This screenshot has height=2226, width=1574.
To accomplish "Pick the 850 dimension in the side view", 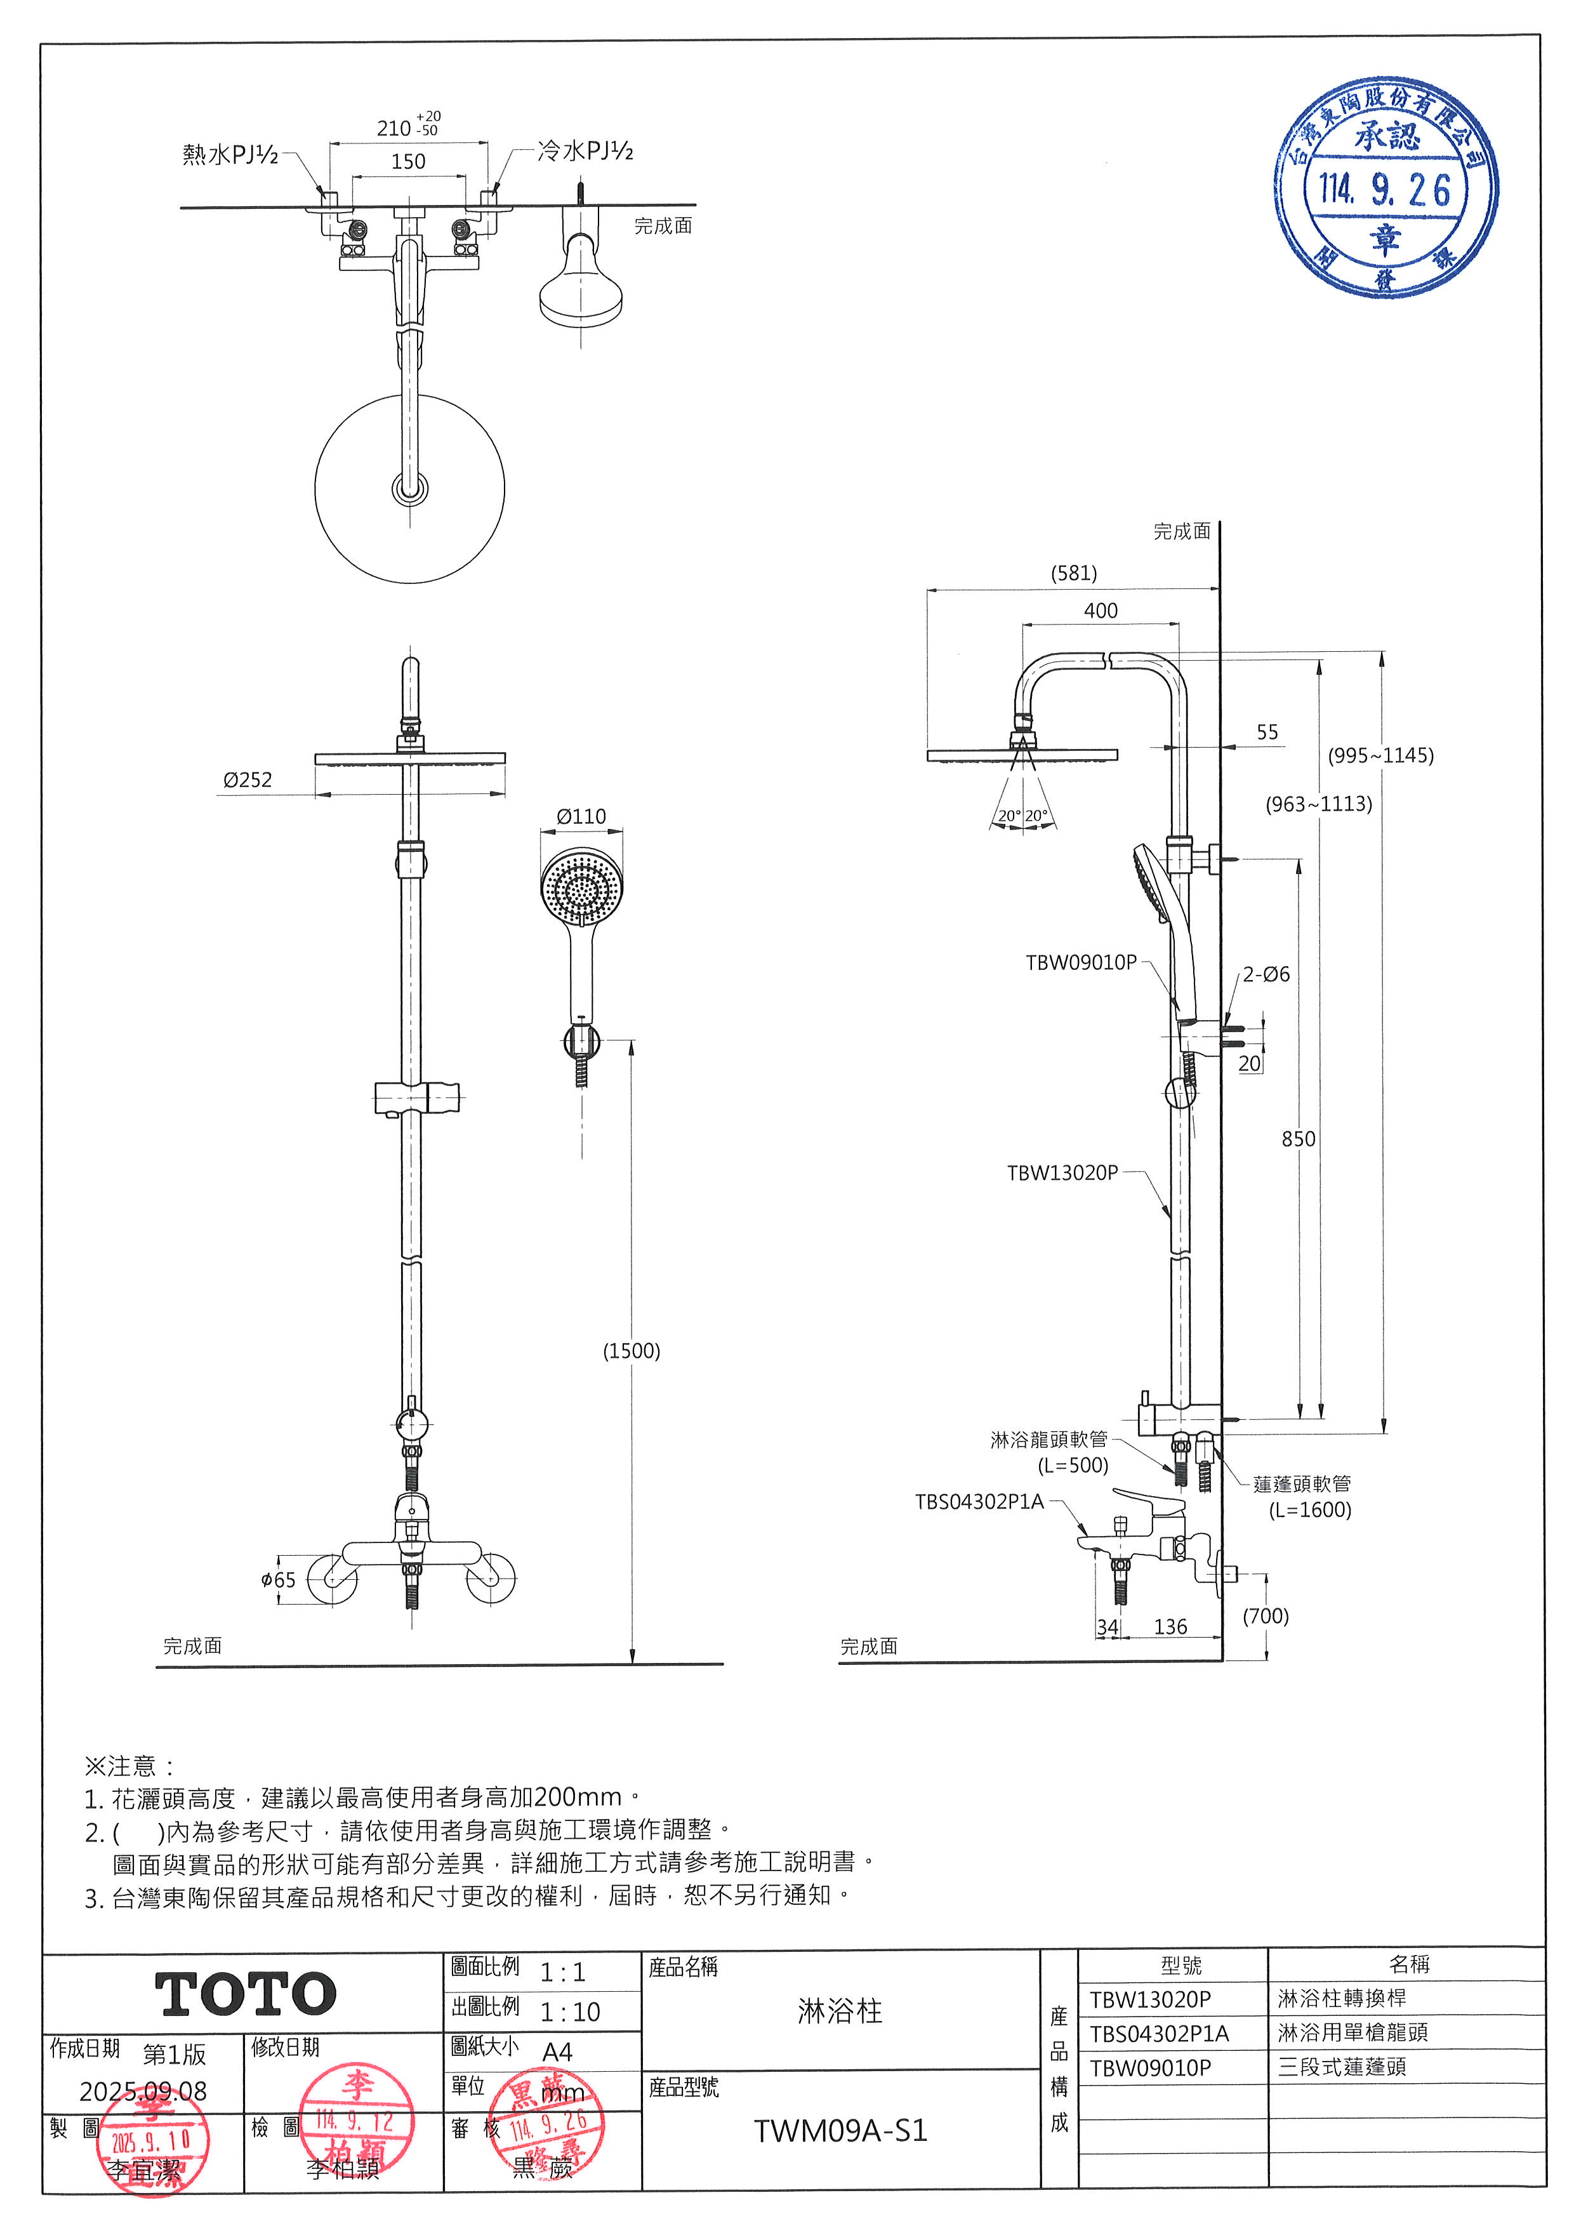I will coord(1298,1139).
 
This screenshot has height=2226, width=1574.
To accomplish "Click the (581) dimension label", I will coord(1074,573).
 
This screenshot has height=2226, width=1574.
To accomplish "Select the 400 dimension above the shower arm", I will coord(1100,611).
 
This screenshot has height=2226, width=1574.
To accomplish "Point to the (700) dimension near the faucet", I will coord(1266,1616).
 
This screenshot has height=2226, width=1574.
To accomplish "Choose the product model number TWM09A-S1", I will coord(840,2131).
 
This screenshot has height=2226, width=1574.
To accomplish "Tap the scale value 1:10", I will coord(570,2011).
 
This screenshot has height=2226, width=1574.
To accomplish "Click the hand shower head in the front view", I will coord(579,888).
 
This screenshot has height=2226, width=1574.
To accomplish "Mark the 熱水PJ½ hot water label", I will coord(230,153).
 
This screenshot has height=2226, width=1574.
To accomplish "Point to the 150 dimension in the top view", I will coord(408,161).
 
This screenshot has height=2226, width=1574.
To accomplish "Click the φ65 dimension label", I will coord(278,1579).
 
